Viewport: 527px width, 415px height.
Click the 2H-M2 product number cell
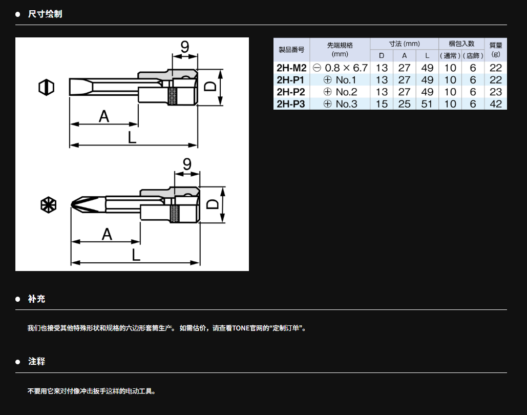pyautogui.click(x=291, y=68)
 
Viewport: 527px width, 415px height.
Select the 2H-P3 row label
pyautogui.click(x=291, y=104)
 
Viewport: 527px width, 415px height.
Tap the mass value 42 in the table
pyautogui.click(x=495, y=104)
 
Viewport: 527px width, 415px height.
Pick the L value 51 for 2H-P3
pyautogui.click(x=427, y=104)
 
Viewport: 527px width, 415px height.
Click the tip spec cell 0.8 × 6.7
pyautogui.click(x=340, y=68)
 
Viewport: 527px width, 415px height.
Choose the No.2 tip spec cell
pyautogui.click(x=340, y=92)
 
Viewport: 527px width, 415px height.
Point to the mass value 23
pyautogui.click(x=495, y=92)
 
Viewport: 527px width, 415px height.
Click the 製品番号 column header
pyautogui.click(x=291, y=50)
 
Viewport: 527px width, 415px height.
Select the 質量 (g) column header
pyautogui.click(x=495, y=49)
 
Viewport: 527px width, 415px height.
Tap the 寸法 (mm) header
pyautogui.click(x=404, y=44)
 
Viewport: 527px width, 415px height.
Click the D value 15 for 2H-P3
pyautogui.click(x=382, y=104)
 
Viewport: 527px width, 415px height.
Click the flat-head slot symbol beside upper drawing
pyautogui.click(x=47, y=88)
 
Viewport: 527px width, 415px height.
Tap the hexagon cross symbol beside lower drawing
pyautogui.click(x=48, y=205)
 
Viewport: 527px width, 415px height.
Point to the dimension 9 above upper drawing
pyautogui.click(x=185, y=47)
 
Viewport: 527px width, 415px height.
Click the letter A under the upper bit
pyautogui.click(x=104, y=117)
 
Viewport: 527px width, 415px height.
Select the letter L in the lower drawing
pyautogui.click(x=136, y=255)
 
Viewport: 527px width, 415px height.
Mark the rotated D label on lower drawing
pyautogui.click(x=213, y=204)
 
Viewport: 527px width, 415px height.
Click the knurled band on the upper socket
pyautogui.click(x=173, y=96)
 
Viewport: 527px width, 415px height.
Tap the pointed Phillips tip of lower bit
pyautogui.click(x=72, y=204)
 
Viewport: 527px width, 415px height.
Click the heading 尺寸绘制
pyautogui.click(x=45, y=14)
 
